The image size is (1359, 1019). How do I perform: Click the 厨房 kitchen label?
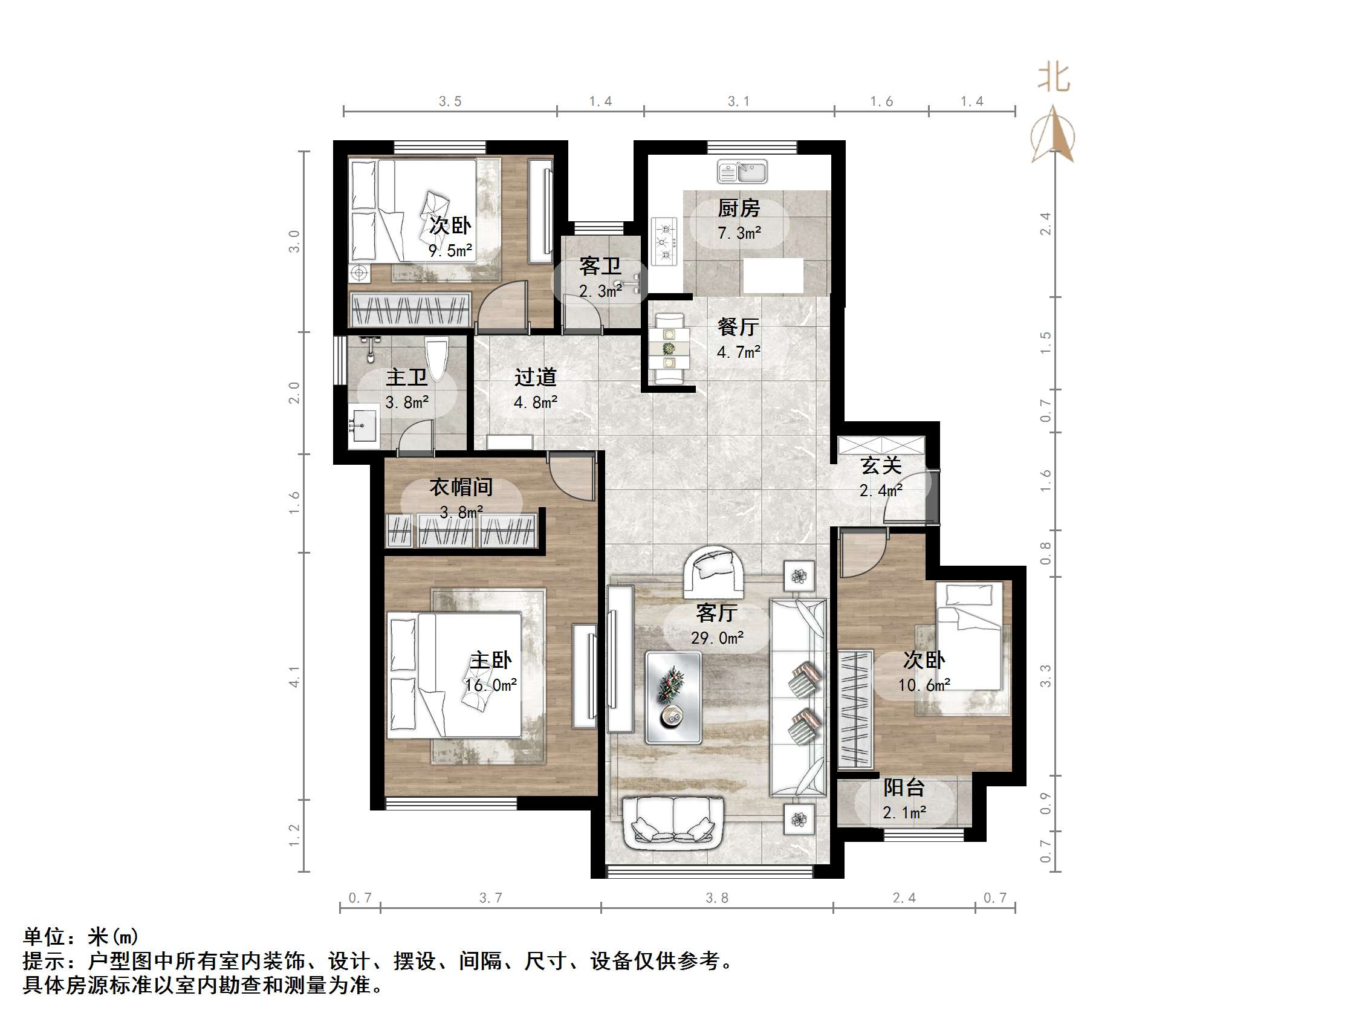(739, 209)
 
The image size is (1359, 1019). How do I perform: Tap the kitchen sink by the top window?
(742, 172)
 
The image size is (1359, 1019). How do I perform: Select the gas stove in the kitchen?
(664, 241)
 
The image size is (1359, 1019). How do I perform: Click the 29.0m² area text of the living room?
(717, 638)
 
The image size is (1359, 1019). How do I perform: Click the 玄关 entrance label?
(880, 465)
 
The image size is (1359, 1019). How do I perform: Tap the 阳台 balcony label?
(904, 788)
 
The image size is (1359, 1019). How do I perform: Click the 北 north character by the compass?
(1054, 79)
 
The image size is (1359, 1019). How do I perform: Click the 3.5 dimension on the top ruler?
(450, 102)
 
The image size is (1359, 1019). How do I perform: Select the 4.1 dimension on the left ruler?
(294, 676)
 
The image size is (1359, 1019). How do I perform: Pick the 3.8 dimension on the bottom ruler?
(716, 898)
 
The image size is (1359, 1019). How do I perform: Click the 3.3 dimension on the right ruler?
(1045, 676)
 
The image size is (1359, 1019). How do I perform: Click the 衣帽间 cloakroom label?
(461, 487)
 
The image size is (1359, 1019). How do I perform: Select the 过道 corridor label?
(535, 377)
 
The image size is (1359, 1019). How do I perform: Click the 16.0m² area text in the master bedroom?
(491, 685)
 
